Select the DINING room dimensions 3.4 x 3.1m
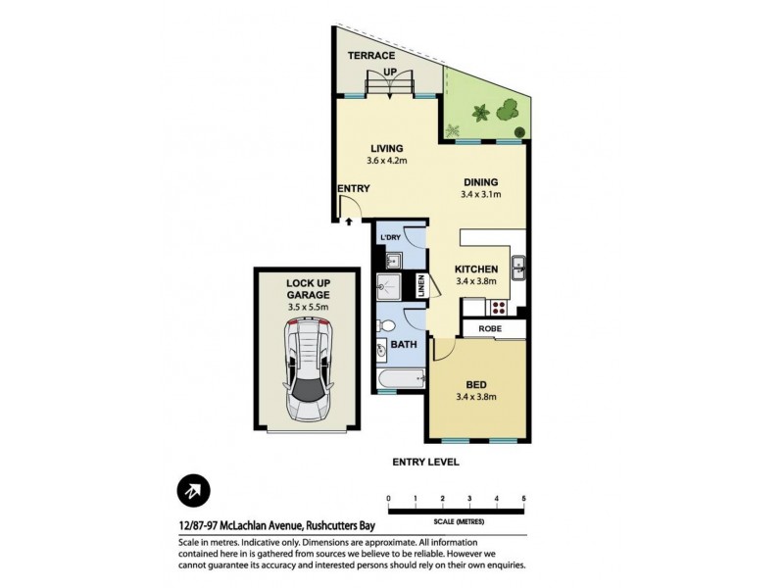480,195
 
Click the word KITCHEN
477,269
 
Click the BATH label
401,346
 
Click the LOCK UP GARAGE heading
308,289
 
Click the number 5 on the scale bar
524,500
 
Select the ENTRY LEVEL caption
425,462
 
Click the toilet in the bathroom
386,324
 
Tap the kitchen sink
518,266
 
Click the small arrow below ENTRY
348,221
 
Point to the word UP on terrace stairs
389,72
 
